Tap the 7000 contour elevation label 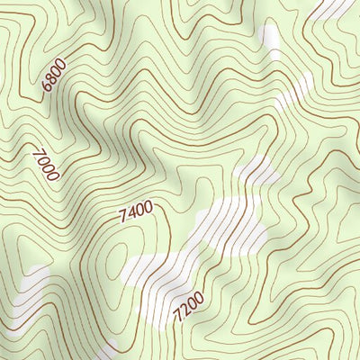pos(45,165)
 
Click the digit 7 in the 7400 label pos(122,219)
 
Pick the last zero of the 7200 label pos(199,298)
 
